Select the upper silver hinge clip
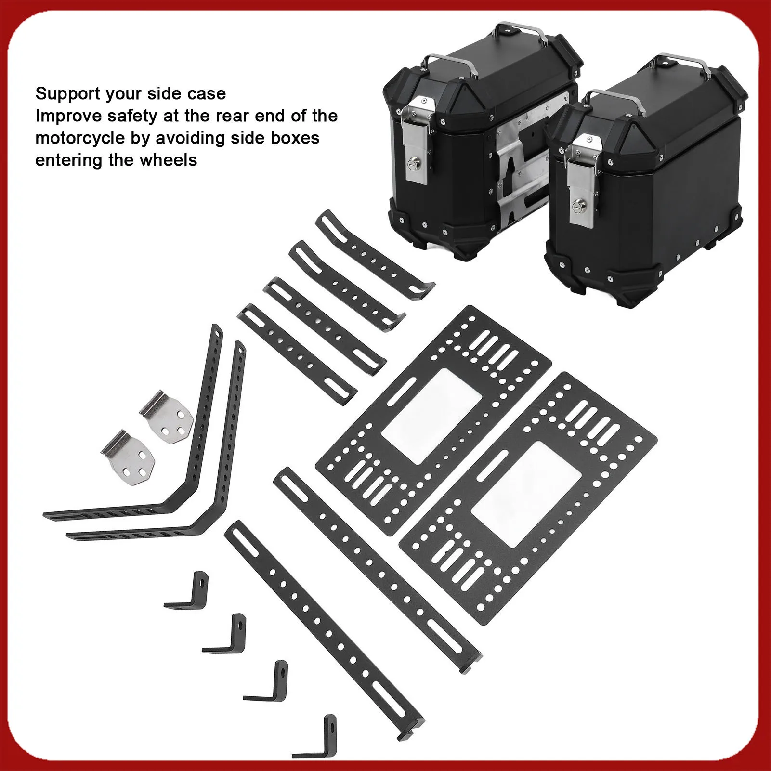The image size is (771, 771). [x=167, y=417]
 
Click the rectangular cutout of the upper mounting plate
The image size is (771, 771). [x=431, y=416]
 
